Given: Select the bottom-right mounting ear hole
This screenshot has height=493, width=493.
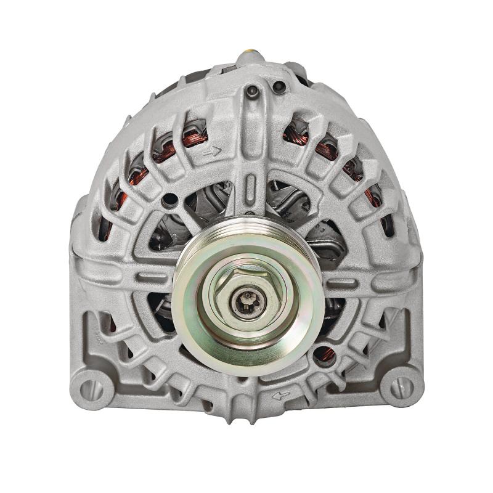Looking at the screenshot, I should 401,387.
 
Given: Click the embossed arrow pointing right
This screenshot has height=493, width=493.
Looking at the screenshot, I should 213,150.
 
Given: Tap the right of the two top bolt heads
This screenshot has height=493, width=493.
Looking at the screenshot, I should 279,87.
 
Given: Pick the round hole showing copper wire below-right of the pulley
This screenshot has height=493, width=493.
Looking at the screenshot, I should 325,354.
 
